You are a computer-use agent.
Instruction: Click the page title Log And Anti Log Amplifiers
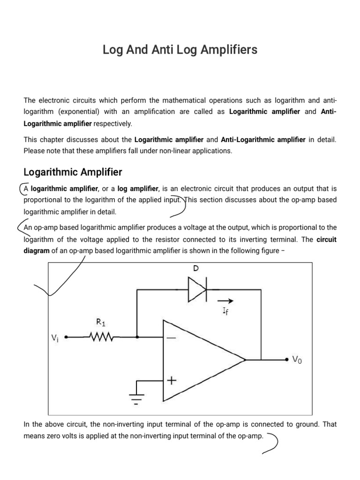[180, 50]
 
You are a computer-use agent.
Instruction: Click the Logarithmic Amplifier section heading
[73, 172]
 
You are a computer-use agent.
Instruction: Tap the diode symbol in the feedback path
[197, 290]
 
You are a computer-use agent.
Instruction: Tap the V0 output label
[297, 360]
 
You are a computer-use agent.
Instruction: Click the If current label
[225, 311]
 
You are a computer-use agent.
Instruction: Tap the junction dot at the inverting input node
[137, 337]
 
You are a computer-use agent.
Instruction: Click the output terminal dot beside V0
[286, 360]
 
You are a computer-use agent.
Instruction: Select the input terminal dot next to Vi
[66, 337]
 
